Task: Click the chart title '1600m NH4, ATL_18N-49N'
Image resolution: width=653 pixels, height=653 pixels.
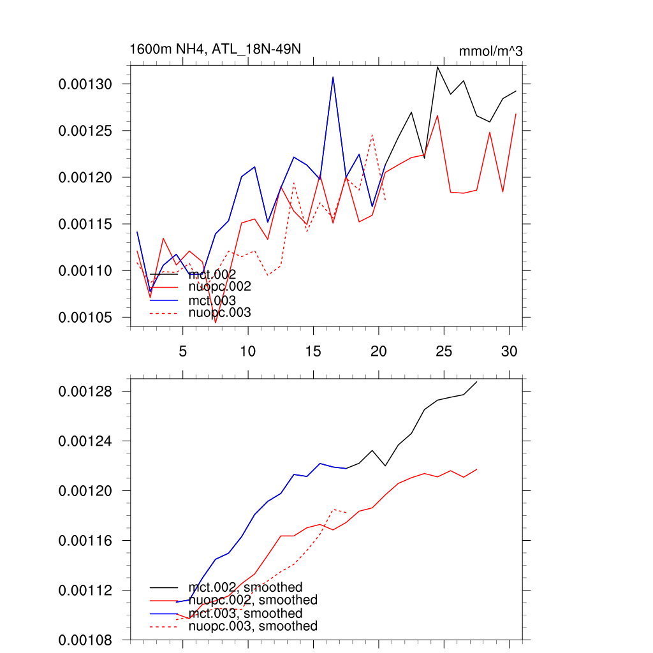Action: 210,49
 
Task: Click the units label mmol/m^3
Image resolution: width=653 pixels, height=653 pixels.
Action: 490,51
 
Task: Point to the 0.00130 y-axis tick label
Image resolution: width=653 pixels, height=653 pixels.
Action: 85,84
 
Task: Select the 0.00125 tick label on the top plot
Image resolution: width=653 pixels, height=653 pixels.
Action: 85,131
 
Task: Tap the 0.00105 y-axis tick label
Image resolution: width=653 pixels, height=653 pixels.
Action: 85,318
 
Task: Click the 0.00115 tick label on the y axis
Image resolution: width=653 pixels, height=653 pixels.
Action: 85,224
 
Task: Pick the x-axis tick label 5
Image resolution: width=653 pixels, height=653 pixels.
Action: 183,351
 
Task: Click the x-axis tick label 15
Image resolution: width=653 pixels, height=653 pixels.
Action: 312,351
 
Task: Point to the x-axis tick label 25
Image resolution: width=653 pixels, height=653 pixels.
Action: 443,351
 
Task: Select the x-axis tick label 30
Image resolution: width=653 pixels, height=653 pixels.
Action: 508,351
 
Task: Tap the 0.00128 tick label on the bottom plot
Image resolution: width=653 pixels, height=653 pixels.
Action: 85,392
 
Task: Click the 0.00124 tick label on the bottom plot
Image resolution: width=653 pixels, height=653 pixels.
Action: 85,441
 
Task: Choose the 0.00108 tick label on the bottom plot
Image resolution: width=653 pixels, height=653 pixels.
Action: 85,640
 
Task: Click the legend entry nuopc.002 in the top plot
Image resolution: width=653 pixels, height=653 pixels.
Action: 220,287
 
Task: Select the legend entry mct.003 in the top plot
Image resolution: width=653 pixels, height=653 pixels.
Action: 212,300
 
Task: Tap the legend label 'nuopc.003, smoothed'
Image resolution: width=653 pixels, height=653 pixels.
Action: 253,626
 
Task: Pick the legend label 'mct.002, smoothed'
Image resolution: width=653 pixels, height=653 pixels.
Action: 246,587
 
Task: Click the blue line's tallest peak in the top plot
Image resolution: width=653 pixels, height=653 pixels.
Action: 333,77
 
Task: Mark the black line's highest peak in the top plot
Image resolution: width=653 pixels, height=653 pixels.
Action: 437,67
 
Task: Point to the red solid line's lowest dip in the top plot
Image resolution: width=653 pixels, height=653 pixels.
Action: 216,323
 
